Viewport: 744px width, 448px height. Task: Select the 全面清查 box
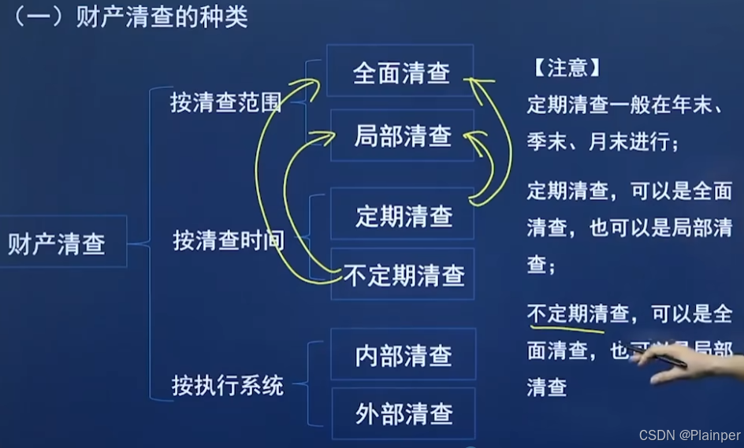point(401,72)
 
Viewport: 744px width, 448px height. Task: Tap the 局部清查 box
point(403,136)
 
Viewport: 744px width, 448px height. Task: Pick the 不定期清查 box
point(404,275)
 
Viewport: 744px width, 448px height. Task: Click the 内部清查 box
point(404,355)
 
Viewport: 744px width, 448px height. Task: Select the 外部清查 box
point(404,413)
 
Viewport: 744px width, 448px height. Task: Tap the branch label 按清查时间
point(229,240)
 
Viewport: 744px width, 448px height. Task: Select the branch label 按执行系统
point(228,386)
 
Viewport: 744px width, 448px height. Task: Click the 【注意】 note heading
point(563,68)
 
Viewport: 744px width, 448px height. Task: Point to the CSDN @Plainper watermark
point(690,435)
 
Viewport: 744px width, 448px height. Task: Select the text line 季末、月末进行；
point(603,142)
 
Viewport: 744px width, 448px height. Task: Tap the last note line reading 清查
point(547,387)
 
